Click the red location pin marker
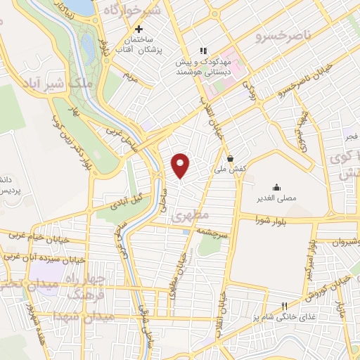tap(181, 166)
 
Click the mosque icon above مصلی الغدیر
tap(277, 187)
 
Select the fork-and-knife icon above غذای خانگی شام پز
tap(285, 307)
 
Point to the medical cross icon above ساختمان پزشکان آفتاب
tap(139, 30)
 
